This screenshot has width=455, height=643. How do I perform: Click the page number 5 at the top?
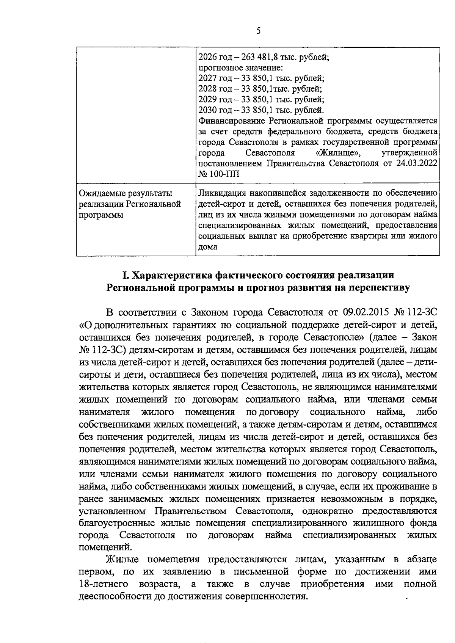(x=258, y=31)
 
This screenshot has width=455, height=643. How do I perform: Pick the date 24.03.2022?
(x=419, y=163)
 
